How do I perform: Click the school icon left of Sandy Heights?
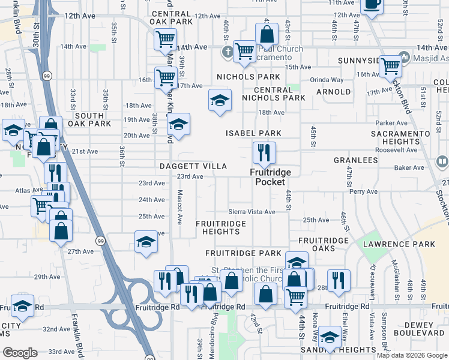click(330, 337)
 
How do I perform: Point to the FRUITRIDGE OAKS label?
click(324, 244)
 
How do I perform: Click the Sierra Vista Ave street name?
click(252, 212)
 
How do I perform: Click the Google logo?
click(20, 353)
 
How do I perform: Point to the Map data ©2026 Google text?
click(411, 355)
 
